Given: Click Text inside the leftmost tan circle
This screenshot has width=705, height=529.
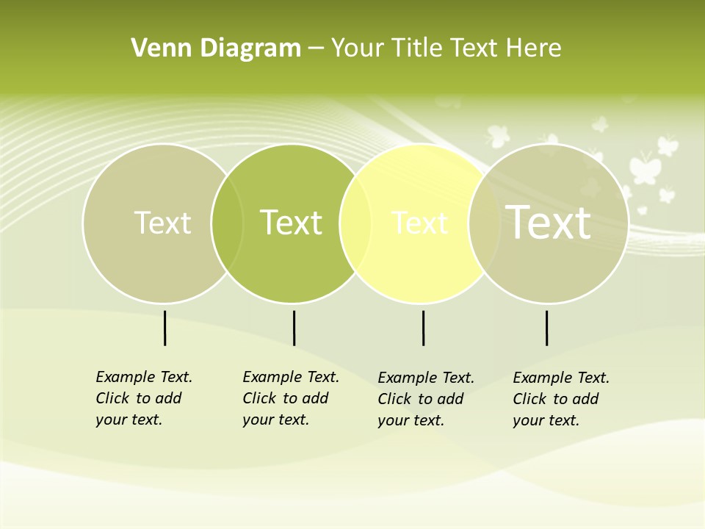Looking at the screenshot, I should [x=162, y=223].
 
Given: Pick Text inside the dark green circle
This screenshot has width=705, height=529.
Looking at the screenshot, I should [x=291, y=223].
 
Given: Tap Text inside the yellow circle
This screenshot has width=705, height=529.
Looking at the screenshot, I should [x=419, y=223].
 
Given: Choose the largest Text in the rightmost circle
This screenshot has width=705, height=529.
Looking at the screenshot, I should [x=549, y=222].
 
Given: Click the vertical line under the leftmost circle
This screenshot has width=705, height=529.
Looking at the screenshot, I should [x=164, y=328].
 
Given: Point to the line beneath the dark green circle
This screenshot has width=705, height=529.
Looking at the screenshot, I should [x=294, y=328].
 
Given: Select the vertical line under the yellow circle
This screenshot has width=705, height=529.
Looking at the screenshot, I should [x=423, y=328].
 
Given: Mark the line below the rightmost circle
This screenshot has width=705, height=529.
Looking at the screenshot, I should [x=546, y=328].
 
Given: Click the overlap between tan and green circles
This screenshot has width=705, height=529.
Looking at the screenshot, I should [x=227, y=223].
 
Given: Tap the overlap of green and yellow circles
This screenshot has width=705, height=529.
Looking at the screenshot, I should [x=355, y=223].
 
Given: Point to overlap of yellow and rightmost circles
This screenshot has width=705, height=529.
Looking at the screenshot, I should [x=484, y=223].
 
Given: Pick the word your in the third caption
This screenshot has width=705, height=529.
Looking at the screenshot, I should [x=393, y=420].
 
